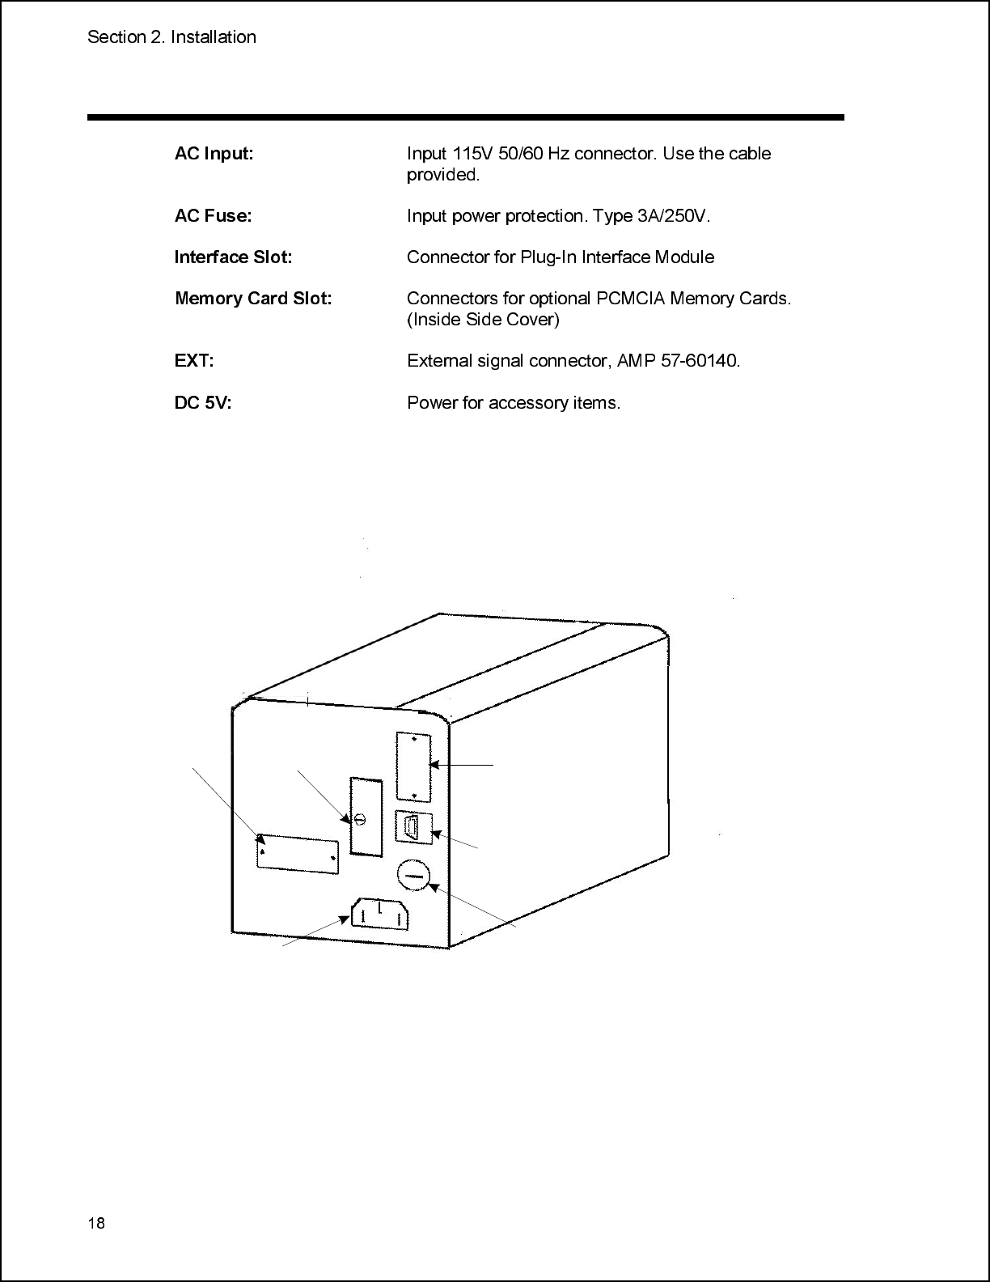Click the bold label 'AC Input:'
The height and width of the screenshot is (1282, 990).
pyautogui.click(x=214, y=154)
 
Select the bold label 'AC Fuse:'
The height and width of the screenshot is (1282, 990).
pyautogui.click(x=213, y=216)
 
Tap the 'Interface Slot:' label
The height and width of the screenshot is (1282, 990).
pyautogui.click(x=233, y=257)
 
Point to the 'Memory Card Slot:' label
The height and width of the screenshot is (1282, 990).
pyautogui.click(x=253, y=299)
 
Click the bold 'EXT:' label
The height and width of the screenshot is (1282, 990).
pyautogui.click(x=194, y=361)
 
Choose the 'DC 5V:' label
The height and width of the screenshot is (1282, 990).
pyautogui.click(x=202, y=403)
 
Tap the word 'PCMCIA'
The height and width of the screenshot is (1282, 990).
pyautogui.click(x=627, y=299)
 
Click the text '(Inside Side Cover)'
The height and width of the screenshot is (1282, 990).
pyautogui.click(x=483, y=320)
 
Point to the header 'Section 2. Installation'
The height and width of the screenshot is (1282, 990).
pyautogui.click(x=171, y=37)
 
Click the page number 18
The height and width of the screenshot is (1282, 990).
pyautogui.click(x=96, y=1223)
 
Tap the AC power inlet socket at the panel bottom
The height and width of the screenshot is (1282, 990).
pyautogui.click(x=379, y=916)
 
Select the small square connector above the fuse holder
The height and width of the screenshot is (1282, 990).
pyautogui.click(x=413, y=827)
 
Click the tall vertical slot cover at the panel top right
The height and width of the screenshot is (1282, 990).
pyautogui.click(x=412, y=767)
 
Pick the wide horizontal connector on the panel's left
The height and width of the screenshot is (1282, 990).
pyautogui.click(x=298, y=852)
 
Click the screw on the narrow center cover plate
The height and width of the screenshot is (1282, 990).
pyautogui.click(x=361, y=820)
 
